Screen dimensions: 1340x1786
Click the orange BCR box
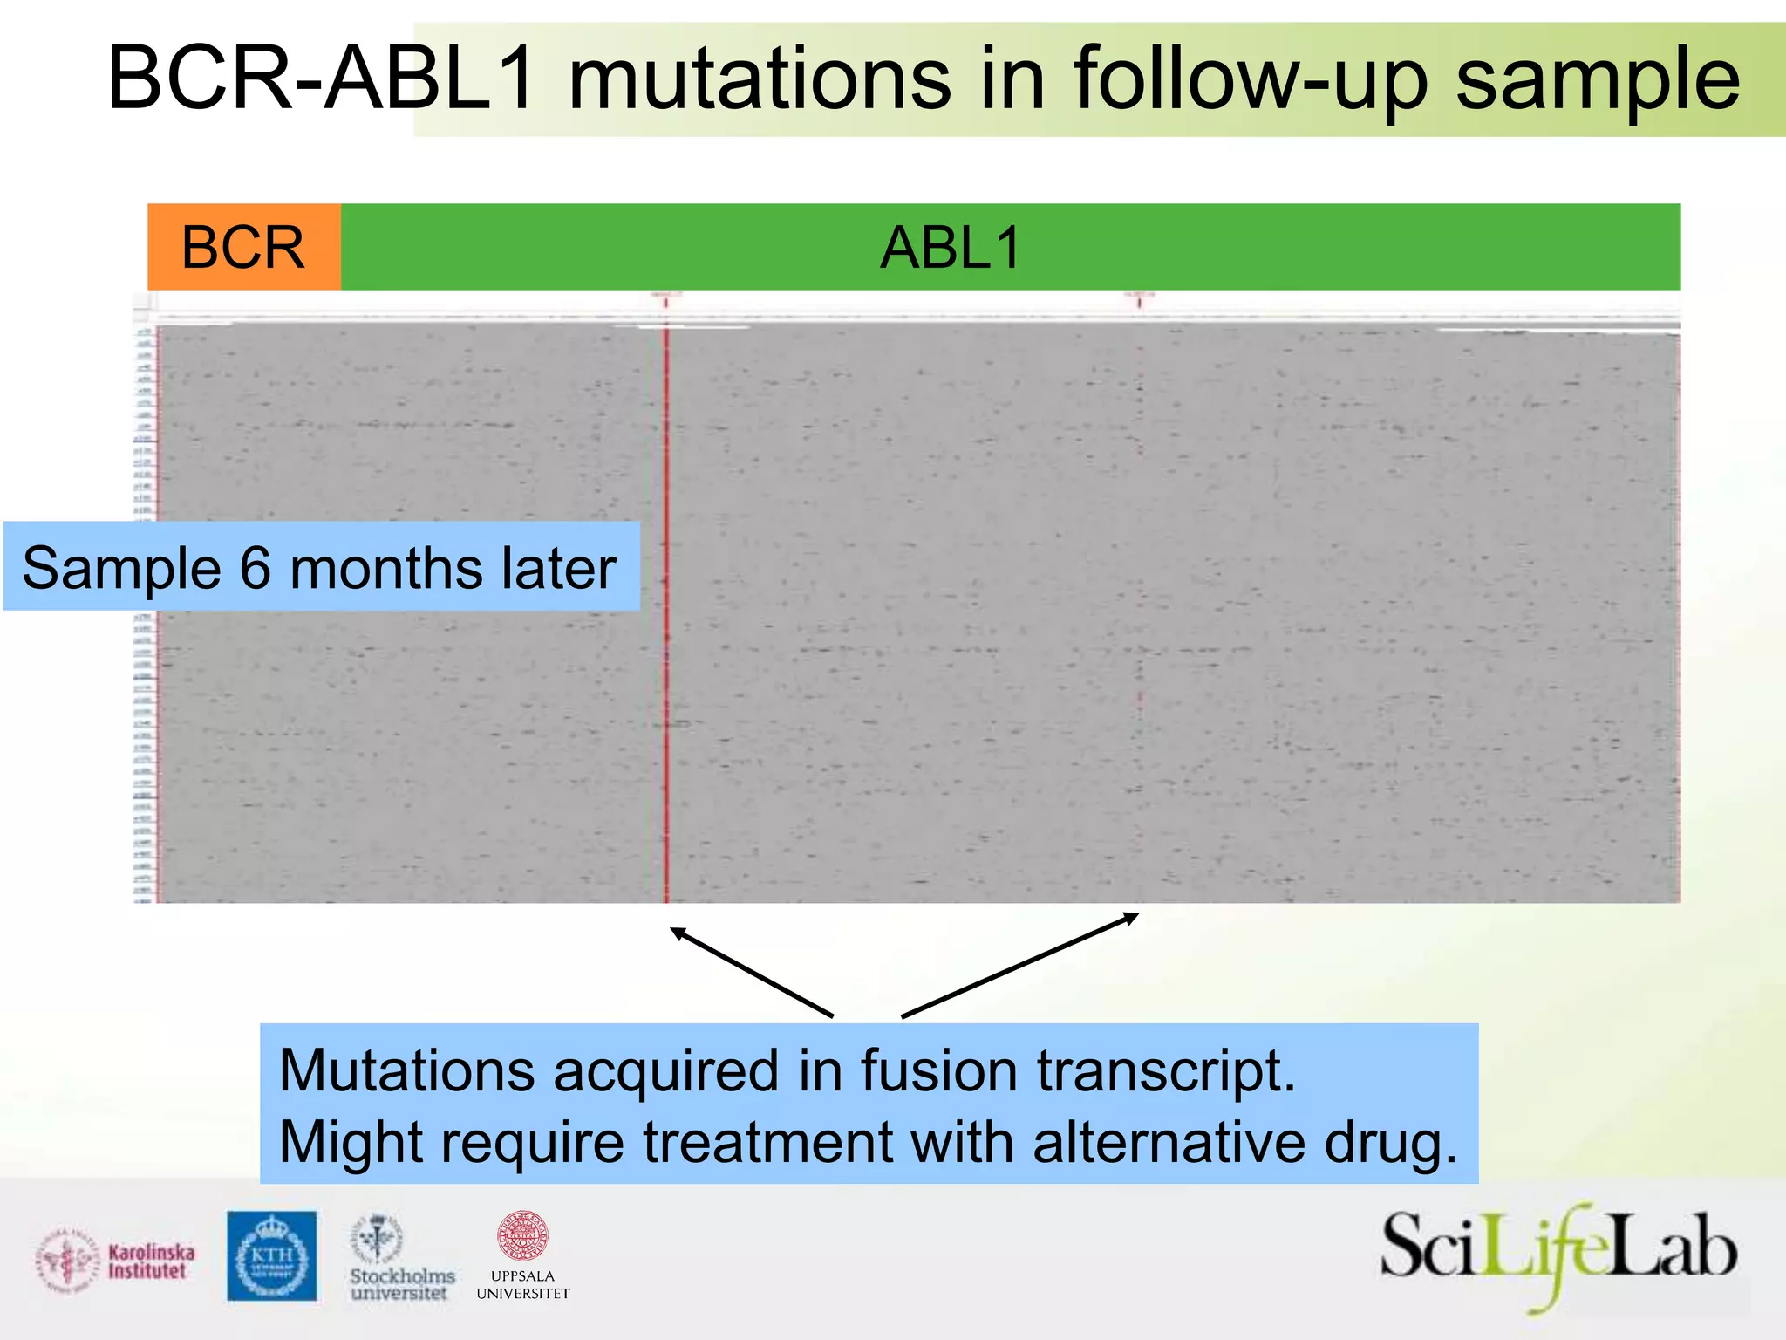(243, 247)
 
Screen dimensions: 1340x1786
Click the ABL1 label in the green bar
(951, 248)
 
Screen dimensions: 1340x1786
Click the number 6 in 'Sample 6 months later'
(255, 568)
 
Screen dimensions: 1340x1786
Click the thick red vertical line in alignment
(666, 611)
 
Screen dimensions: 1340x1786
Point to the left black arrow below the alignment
(750, 972)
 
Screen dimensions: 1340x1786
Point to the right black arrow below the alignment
(1020, 964)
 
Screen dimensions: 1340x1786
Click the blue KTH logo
(272, 1256)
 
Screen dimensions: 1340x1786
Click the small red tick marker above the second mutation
(1139, 301)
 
